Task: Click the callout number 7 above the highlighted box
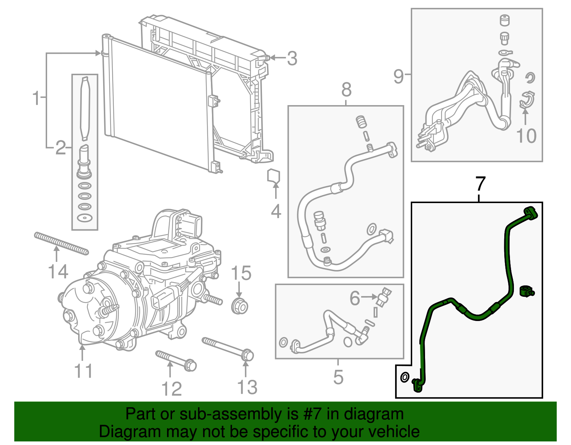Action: [481, 184]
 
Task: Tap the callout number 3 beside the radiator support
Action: [292, 58]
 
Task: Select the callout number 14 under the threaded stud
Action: [58, 272]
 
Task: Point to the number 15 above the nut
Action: [241, 274]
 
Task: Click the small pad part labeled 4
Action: [274, 176]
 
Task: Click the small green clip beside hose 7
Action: [526, 291]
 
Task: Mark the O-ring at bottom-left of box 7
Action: [405, 377]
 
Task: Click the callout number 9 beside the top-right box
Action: [399, 76]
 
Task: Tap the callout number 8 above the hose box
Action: [346, 90]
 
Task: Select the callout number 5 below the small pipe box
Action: [338, 377]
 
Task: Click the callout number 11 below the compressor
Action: [84, 371]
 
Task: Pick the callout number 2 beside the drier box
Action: [61, 148]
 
